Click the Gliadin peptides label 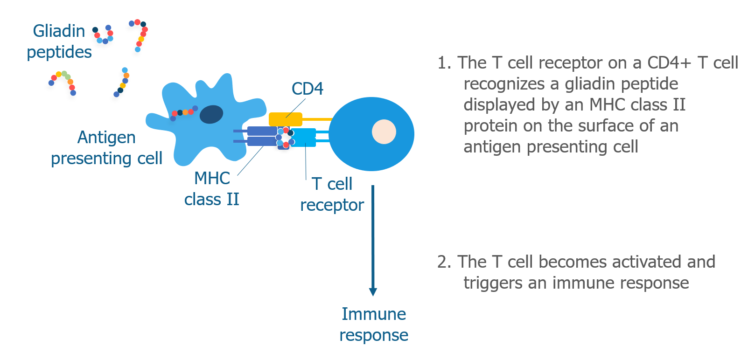pos(59,42)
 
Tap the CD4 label pos(307,89)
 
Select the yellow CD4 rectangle pos(286,119)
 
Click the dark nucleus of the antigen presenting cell pos(211,114)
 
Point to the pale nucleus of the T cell pos(384,132)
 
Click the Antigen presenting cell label pos(106,148)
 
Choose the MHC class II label pos(212,188)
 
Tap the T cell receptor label pos(332,194)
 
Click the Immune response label pos(374,325)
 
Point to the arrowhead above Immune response pos(373,291)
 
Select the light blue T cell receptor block pos(303,138)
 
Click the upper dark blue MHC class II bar pos(262,131)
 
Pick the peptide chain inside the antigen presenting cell pos(184,113)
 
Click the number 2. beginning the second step pos(444,262)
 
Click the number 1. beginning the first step pos(444,63)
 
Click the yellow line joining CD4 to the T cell pos(317,119)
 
